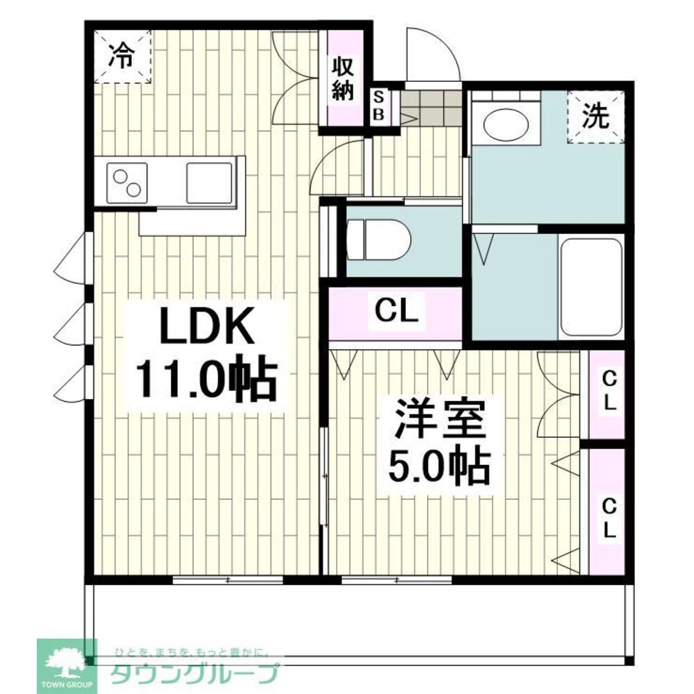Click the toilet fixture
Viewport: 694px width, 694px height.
[x=378, y=239]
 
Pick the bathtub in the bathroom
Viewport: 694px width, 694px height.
[x=591, y=287]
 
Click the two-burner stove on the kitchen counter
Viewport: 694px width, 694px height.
[x=127, y=183]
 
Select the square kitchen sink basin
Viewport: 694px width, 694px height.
[x=208, y=183]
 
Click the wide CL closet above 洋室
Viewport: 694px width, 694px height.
[x=396, y=312]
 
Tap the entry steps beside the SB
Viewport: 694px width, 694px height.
[x=431, y=108]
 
